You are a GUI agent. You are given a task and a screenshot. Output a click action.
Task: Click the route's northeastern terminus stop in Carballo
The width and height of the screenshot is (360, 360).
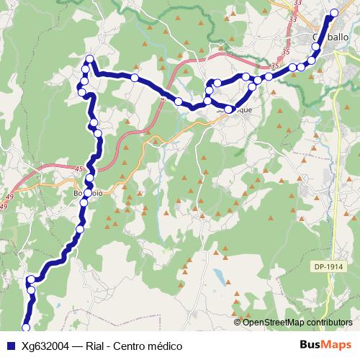pos(333,14)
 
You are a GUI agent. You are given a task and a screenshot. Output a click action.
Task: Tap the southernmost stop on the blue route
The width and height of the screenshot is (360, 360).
pos(26,329)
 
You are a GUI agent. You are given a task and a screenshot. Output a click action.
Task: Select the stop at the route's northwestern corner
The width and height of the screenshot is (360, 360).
pos(89,59)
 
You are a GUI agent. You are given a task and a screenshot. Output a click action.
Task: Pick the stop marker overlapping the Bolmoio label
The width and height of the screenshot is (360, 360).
pos(88,193)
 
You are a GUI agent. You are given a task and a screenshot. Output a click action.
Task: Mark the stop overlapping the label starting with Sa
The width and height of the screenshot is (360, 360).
pos(229,110)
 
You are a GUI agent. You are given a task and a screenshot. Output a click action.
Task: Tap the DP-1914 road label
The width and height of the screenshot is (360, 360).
pos(328,266)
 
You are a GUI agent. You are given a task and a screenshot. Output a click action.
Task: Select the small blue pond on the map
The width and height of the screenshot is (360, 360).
pos(218,275)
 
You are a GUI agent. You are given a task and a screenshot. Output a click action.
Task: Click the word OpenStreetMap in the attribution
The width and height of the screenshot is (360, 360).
pos(273,322)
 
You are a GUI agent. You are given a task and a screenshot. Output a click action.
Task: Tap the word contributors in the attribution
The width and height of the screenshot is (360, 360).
pos(328,322)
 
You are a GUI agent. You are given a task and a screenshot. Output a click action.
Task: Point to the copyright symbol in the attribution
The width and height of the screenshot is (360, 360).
pos(238,322)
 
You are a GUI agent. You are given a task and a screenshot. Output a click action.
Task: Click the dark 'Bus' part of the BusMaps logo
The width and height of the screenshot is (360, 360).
pos(312,345)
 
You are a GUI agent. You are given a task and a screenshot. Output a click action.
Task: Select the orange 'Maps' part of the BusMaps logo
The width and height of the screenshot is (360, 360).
pos(338,345)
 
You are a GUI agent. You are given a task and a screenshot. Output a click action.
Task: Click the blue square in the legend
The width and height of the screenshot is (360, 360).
pos(9,346)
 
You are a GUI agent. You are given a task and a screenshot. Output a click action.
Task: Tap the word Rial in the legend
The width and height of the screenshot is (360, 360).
pos(96,346)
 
